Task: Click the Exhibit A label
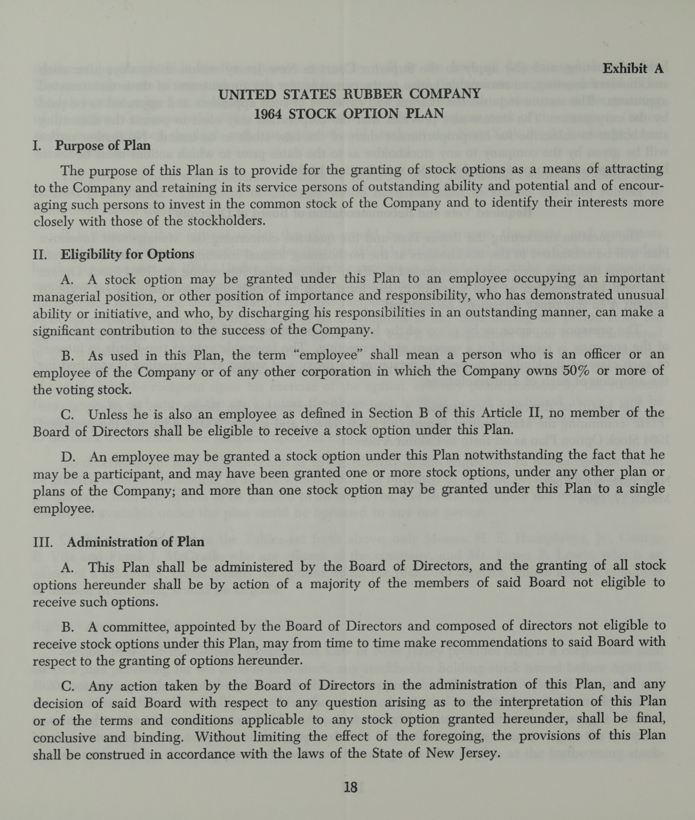point(632,69)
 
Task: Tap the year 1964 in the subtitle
point(269,114)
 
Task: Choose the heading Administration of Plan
point(135,541)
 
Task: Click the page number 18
point(351,787)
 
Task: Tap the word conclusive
point(65,738)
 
